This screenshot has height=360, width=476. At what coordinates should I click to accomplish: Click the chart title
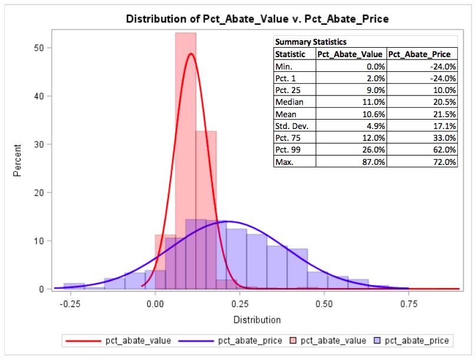(x=257, y=19)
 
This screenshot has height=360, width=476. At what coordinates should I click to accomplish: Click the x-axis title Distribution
(x=257, y=320)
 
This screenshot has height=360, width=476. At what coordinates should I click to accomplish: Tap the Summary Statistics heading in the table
(x=311, y=42)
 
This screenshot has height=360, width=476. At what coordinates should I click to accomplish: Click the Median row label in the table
(x=288, y=101)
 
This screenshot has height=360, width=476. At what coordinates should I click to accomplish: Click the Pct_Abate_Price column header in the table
(x=422, y=54)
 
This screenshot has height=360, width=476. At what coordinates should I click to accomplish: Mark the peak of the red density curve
(x=190, y=54)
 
